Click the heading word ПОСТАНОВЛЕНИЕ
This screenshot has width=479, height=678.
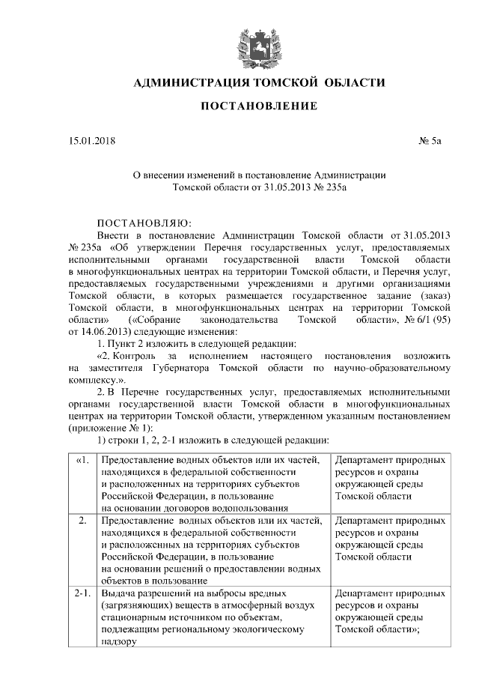(258, 106)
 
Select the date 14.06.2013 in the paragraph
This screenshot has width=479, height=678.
(103, 330)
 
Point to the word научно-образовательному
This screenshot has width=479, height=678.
(391, 369)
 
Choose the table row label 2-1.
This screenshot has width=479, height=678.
(82, 593)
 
